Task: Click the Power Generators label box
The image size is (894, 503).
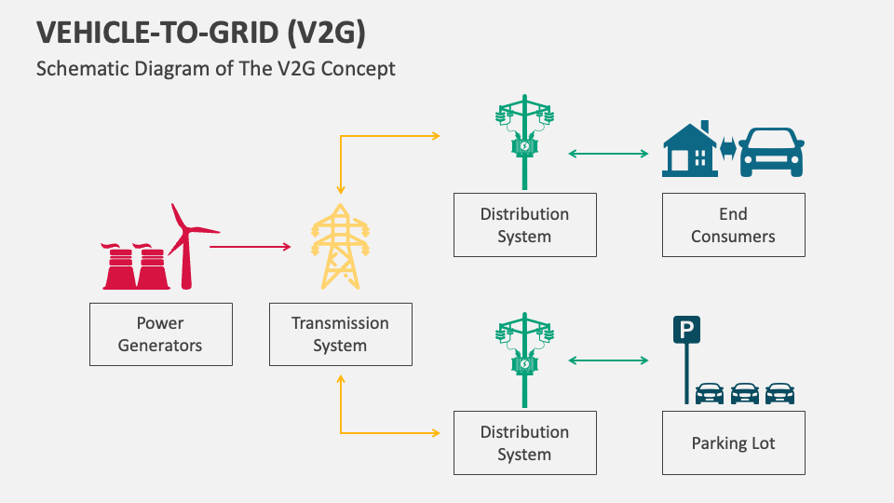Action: tap(161, 334)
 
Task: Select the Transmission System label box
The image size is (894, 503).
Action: tap(340, 334)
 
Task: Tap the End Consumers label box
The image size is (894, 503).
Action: tap(733, 225)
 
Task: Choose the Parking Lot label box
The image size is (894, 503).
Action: tap(733, 443)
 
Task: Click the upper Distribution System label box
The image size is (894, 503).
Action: tap(524, 225)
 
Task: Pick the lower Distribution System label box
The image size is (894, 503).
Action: tap(524, 443)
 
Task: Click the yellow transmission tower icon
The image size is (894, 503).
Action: tap(340, 246)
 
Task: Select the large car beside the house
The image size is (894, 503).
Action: tap(772, 153)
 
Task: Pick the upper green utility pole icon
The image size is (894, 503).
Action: tap(524, 141)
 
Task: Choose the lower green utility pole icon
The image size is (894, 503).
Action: tap(524, 360)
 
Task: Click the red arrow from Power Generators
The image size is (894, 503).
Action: tap(250, 247)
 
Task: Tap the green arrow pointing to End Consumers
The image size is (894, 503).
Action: tap(608, 154)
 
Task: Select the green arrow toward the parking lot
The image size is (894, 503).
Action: tap(608, 360)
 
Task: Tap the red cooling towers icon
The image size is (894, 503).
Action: tap(134, 267)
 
